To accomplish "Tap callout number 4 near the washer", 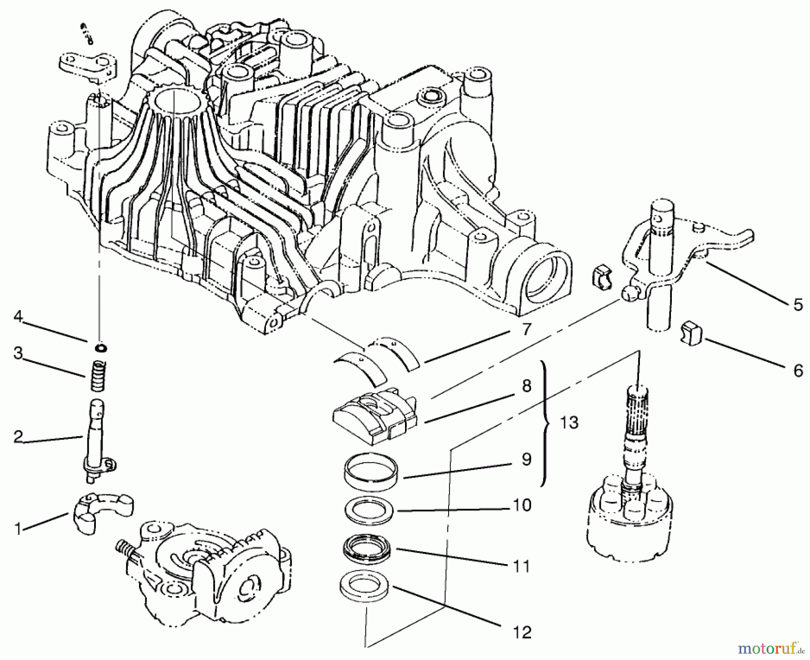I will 18,317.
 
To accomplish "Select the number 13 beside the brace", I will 569,423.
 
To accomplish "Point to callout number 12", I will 522,632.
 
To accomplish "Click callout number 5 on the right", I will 797,305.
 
